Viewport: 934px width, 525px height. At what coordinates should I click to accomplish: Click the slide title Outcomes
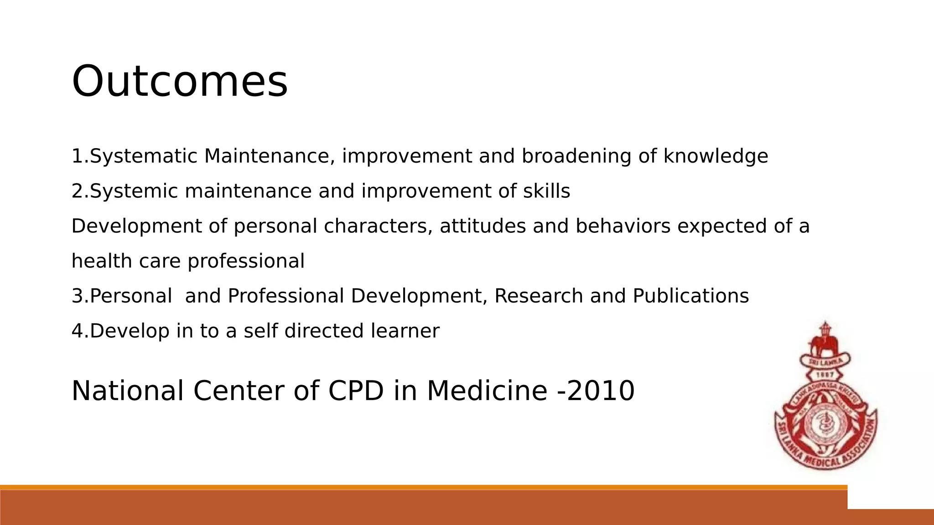tap(180, 82)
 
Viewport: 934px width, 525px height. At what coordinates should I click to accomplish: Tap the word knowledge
tap(716, 156)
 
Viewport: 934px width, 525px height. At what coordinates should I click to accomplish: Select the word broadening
tap(576, 156)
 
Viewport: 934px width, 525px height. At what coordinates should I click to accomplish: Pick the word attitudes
tap(483, 226)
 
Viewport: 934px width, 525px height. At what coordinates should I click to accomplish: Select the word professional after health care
tap(246, 262)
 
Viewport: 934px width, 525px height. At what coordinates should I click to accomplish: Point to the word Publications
tap(690, 296)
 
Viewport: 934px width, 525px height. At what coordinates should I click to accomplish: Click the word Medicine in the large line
tap(487, 391)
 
